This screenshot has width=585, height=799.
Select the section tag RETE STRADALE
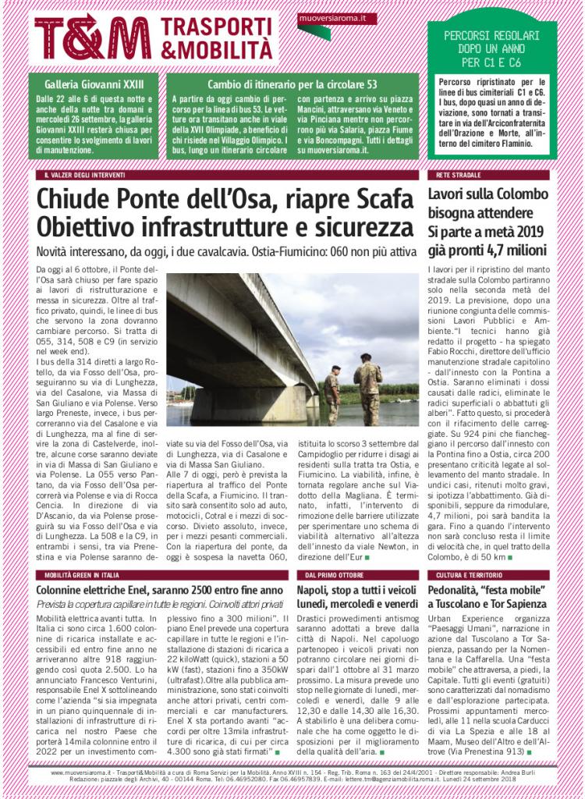[x=452, y=176]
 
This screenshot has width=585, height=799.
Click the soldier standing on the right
[x=367, y=388]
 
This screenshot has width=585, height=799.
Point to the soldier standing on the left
[x=332, y=394]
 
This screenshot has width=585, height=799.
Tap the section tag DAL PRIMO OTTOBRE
[x=328, y=574]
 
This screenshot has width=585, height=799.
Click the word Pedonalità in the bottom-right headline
[x=460, y=591]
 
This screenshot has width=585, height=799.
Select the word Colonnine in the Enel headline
[x=63, y=591]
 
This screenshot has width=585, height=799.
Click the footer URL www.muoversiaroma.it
[x=81, y=772]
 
